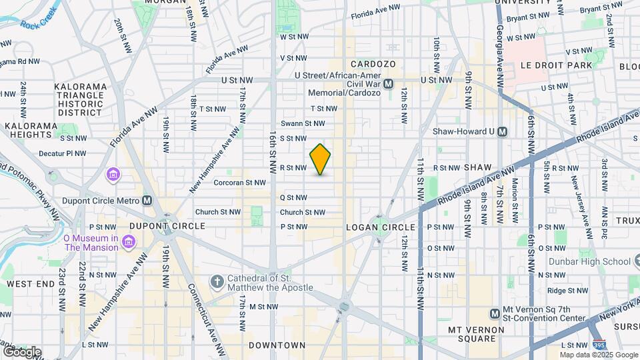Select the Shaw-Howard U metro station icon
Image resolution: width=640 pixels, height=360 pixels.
502,131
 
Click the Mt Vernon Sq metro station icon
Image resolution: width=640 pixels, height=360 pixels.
495,313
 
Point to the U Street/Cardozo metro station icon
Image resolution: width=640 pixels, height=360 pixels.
388,84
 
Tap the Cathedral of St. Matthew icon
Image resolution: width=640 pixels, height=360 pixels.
216,282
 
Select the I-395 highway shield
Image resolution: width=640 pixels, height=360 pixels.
599,345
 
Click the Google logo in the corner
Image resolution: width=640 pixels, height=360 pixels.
21,351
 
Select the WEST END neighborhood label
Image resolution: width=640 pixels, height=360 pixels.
30,284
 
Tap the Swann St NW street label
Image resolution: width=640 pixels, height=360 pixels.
302,123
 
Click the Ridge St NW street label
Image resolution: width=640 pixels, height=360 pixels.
566,291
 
